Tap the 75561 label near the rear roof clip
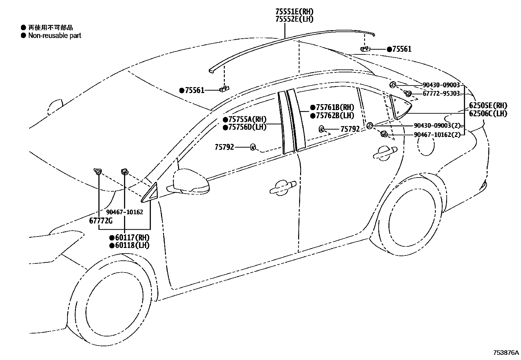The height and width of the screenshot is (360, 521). [402, 49]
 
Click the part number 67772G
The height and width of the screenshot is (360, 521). [101, 221]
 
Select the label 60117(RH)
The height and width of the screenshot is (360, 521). [132, 237]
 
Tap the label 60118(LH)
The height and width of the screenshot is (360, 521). [132, 245]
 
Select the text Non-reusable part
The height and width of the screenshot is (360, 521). [55, 35]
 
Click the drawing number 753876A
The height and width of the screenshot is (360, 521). [506, 353]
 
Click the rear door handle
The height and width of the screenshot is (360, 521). [385, 153]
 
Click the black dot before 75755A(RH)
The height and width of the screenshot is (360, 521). [225, 120]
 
